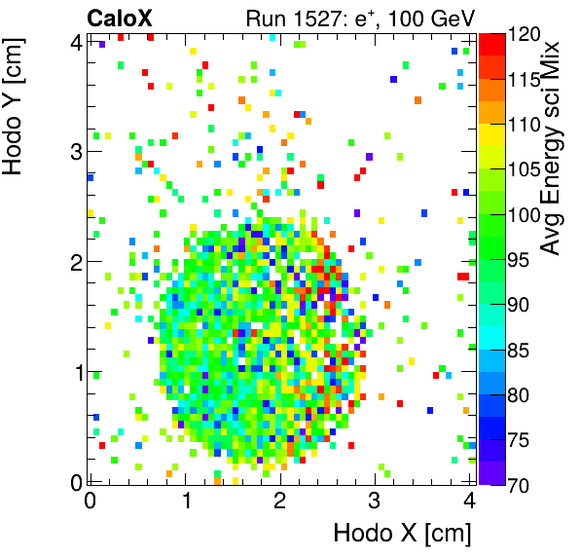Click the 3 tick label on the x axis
pos(375,501)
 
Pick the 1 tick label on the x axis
pos(185,501)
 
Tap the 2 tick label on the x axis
pos(280,501)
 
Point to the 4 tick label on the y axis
pos(76,41)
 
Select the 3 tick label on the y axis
pos(76,151)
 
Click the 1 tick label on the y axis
pos(76,372)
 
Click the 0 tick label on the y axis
pos(76,482)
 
